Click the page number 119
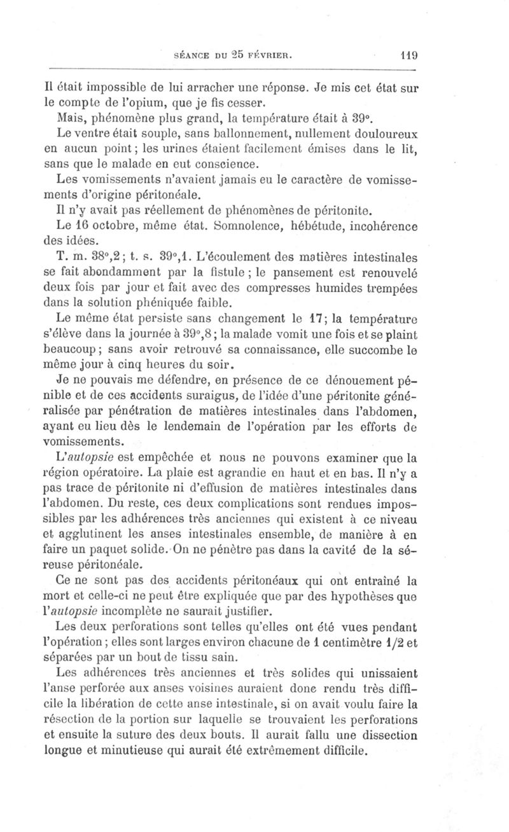click(405, 54)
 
